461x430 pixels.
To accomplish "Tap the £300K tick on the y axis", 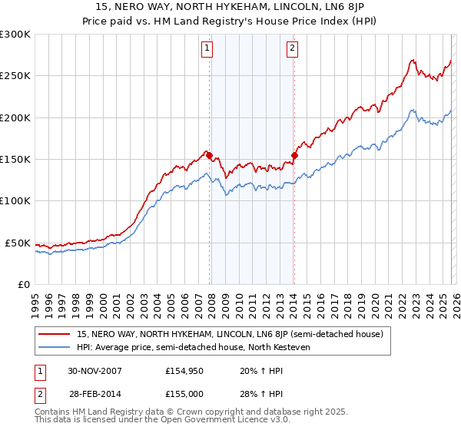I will pos(15,35).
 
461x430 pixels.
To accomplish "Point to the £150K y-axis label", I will pos(15,159).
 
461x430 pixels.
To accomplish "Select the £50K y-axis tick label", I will pos(18,243).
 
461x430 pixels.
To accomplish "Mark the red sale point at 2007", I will pos(209,155).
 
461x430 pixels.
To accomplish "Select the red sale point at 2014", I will pos(294,155).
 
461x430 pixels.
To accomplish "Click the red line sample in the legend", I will pos(55,334).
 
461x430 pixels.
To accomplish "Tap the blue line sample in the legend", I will pos(55,347).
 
